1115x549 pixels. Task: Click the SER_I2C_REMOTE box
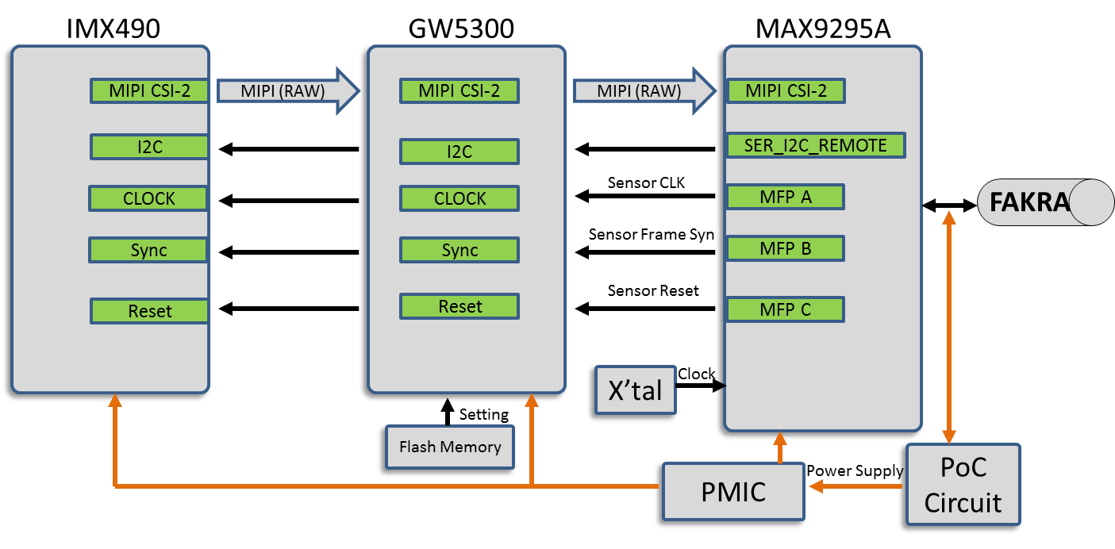(816, 145)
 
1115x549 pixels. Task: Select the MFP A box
(785, 197)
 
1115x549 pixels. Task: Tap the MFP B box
(785, 248)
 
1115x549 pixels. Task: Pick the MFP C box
(785, 309)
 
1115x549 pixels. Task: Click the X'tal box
(635, 390)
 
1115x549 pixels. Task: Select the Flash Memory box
(450, 447)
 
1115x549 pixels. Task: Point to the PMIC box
(733, 491)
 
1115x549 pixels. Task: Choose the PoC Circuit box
(963, 484)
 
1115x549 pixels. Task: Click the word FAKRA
(1029, 202)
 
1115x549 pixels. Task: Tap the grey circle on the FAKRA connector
(1092, 202)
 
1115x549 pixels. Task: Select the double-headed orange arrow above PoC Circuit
(948, 326)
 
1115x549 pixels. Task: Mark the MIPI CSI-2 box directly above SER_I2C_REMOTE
(785, 90)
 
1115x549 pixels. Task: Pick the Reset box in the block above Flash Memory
(459, 306)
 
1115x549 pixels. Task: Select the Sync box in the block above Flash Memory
(459, 250)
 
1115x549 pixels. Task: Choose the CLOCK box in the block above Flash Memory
(459, 198)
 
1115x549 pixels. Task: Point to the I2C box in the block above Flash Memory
(459, 152)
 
